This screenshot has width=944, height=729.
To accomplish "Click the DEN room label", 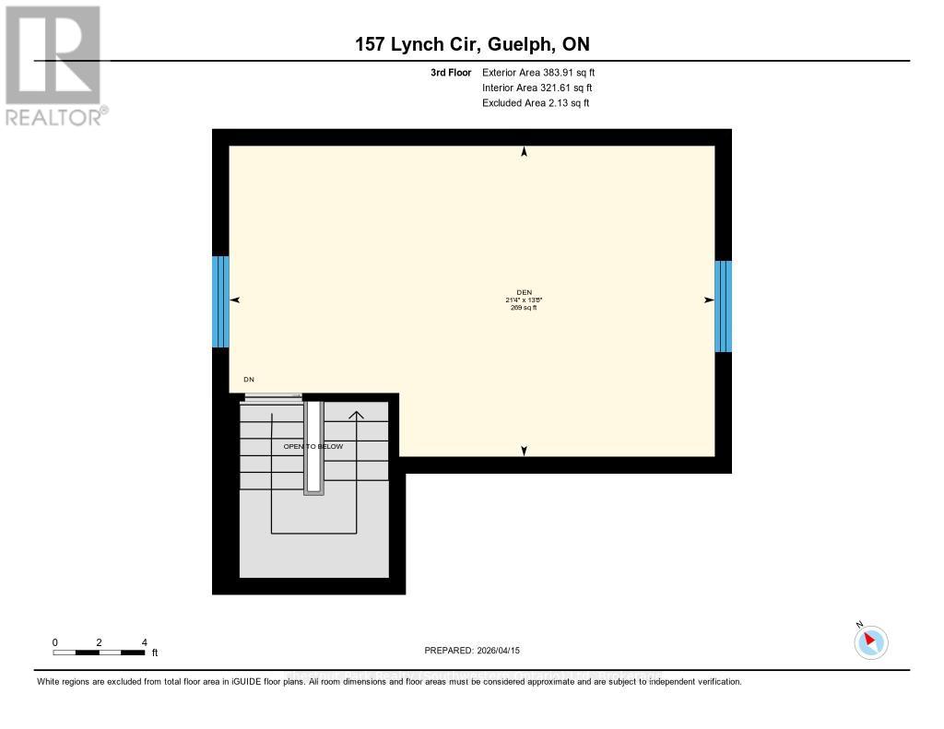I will tap(524, 292).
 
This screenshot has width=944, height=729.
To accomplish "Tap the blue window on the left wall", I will tap(220, 301).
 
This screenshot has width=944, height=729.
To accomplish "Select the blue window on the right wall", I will tap(724, 306).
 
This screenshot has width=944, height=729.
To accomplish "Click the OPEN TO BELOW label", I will tap(313, 446).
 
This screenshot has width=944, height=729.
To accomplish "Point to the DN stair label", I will tap(249, 380).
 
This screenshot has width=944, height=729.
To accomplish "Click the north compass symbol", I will tap(870, 641).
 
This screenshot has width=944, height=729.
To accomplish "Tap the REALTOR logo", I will tap(53, 65).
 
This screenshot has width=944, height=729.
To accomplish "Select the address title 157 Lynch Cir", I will tap(472, 43).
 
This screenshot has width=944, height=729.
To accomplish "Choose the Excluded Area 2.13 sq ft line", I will tap(536, 103).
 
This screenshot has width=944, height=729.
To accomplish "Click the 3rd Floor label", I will tap(451, 72).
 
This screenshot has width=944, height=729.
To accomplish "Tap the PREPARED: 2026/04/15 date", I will tap(472, 651).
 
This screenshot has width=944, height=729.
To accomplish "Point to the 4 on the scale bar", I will tap(145, 641).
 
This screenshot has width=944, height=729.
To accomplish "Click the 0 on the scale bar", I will tap(55, 641).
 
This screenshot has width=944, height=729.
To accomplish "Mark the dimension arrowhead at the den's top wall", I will tap(525, 152).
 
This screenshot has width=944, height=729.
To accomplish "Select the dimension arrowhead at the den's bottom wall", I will tap(525, 451).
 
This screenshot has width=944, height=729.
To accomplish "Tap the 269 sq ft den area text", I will tap(524, 308).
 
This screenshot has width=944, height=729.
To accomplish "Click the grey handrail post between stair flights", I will tap(314, 448).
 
